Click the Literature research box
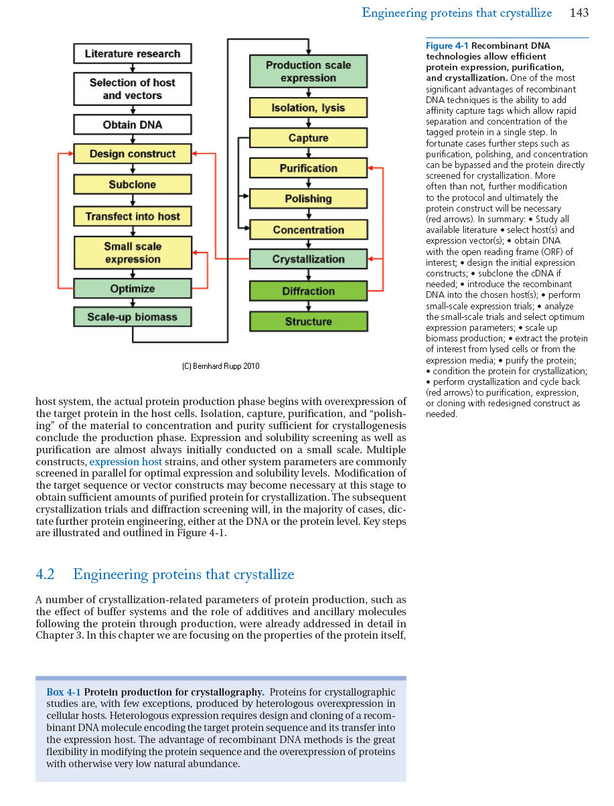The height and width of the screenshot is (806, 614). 133,54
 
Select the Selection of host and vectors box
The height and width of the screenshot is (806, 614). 133,89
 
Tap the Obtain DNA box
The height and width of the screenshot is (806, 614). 133,125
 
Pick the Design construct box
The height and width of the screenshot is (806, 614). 133,154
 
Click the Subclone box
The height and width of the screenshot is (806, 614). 133,184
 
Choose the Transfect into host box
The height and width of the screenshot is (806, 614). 133,216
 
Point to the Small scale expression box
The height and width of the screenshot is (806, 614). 133,252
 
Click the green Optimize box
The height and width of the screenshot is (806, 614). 133,289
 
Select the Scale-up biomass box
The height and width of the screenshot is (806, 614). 133,317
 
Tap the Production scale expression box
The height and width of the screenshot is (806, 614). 308,72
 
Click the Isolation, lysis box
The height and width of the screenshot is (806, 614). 308,108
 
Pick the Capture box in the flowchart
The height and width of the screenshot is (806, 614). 308,138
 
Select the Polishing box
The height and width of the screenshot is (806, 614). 308,199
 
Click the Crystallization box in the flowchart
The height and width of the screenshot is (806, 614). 308,259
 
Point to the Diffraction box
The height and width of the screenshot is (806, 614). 308,291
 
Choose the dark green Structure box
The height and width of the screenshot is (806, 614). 308,321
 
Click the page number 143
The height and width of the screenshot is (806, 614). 579,13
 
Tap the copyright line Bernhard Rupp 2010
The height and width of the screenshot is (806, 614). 221,366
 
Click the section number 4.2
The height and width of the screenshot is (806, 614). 45,574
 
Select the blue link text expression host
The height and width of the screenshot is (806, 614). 125,462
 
